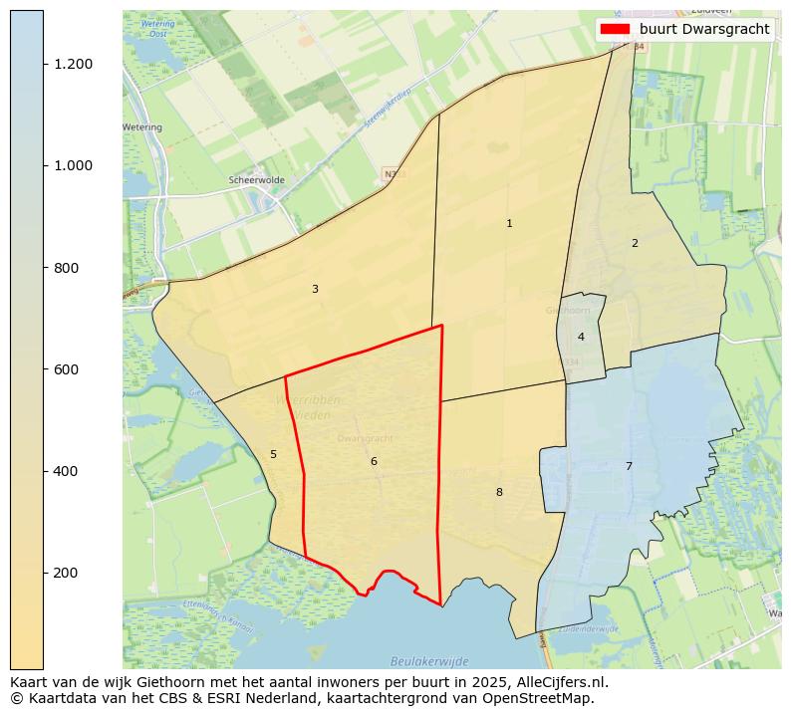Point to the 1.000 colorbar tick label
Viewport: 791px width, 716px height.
pos(74,165)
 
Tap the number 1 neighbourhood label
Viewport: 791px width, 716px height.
pos(509,224)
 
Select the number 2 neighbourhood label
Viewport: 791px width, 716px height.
pos(635,243)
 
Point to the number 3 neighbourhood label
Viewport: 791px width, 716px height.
pos(315,290)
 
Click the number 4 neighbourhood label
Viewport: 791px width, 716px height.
pos(581,337)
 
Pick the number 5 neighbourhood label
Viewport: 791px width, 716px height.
pos(273,455)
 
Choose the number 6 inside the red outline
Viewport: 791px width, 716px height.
pos(374,462)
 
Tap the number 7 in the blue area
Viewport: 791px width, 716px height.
pos(629,466)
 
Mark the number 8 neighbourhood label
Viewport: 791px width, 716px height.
pos(499,493)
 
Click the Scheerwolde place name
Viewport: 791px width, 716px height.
pos(256,180)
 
